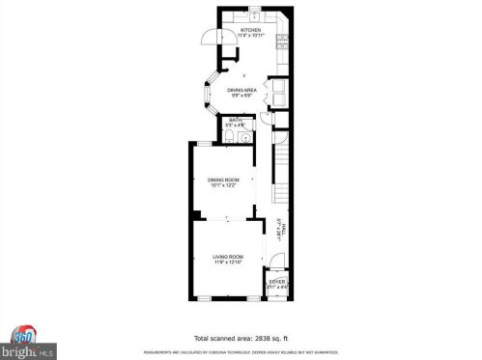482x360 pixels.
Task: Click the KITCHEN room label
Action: [x=251, y=31]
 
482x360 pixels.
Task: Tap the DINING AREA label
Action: [x=241, y=90]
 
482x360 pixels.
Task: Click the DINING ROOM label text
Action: [x=224, y=180]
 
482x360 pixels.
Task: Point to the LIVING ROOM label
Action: [x=228, y=256]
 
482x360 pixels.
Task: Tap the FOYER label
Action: [x=276, y=281]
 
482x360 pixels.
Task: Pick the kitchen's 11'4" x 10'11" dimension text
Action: [x=251, y=37]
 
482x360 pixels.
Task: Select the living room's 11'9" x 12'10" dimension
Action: [x=228, y=263]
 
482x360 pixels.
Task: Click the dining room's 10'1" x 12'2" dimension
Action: [x=224, y=185]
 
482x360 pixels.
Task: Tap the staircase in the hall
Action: [x=281, y=180]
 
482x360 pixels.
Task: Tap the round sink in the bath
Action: [x=247, y=137]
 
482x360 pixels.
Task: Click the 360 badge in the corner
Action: [x=22, y=333]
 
